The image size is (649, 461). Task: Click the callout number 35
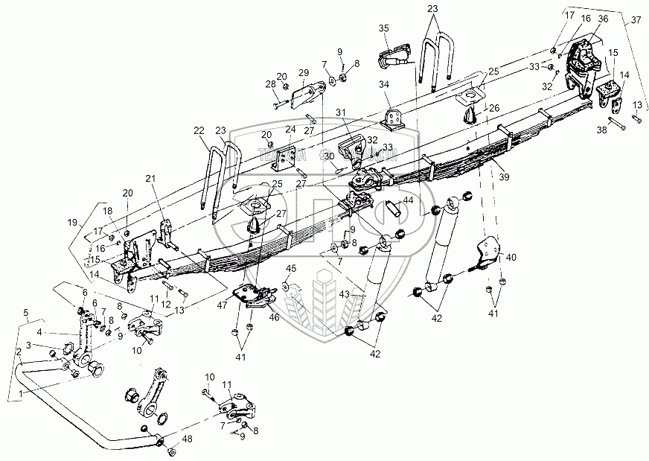(x=384, y=28)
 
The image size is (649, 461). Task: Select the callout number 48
(x=188, y=439)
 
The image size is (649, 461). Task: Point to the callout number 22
(x=199, y=131)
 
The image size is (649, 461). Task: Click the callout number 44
(x=408, y=201)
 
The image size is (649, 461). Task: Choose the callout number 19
(x=71, y=222)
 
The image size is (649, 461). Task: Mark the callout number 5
(x=28, y=312)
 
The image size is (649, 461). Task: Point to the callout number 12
(x=164, y=304)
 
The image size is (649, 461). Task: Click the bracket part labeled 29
(x=307, y=95)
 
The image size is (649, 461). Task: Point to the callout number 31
(x=341, y=112)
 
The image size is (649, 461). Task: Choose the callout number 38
(x=601, y=130)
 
